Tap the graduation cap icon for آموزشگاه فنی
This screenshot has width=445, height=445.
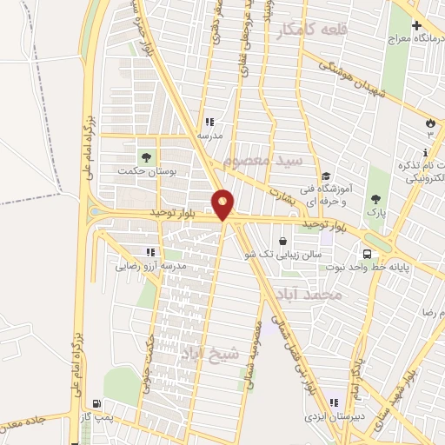point(324,174)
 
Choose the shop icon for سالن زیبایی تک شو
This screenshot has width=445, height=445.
point(283,242)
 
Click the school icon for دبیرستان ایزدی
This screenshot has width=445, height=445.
point(333,403)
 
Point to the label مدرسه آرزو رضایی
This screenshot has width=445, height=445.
point(151,267)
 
